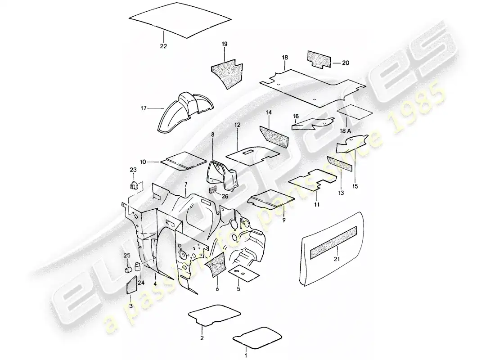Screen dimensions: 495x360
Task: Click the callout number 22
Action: (163, 46)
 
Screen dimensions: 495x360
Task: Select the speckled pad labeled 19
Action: (227, 72)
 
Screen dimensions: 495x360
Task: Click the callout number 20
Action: (346, 63)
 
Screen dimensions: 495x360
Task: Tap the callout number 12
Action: (238, 125)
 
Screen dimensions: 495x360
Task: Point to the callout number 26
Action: (225, 196)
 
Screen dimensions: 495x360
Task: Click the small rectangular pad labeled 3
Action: (132, 284)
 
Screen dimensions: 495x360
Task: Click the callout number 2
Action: (202, 338)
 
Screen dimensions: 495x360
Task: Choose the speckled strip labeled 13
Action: (339, 164)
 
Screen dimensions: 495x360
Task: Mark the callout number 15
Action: (355, 186)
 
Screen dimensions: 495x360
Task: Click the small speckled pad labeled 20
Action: (319, 59)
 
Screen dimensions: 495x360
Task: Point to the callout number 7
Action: (186, 184)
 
